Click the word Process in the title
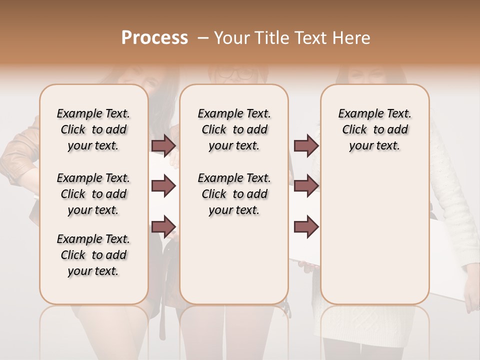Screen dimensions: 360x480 point(154,38)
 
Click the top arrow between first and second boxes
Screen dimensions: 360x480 point(163,145)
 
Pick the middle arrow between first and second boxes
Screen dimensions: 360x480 point(163,186)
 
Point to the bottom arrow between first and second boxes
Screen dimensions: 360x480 point(163,227)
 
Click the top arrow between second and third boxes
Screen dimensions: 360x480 point(306,145)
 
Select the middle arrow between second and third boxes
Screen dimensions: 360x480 point(306,186)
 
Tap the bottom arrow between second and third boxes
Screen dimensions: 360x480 point(306,227)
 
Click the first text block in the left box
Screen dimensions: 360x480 point(93,129)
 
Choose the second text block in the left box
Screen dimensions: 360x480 point(93,194)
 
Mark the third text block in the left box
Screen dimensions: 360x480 point(93,255)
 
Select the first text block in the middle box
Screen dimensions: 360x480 point(234,129)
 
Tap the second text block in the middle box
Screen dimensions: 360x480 point(234,194)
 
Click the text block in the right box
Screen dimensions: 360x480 point(374,129)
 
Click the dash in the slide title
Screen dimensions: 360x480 point(202,38)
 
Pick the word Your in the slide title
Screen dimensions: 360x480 point(231,38)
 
